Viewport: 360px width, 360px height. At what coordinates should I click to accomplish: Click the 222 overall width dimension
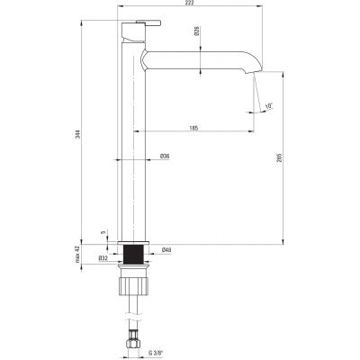[191, 3]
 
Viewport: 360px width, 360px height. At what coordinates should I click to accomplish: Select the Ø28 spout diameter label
[197, 31]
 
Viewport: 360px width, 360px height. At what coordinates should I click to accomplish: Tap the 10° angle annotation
[269, 106]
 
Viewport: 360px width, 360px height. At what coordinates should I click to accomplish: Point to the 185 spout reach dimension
[193, 128]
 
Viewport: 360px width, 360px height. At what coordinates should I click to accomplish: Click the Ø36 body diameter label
[165, 156]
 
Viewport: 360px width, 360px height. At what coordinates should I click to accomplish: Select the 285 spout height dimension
[279, 157]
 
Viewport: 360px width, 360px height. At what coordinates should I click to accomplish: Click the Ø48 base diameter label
[166, 249]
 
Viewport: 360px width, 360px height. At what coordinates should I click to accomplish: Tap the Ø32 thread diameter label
[103, 257]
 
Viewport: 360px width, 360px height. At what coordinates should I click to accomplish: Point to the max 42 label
[78, 254]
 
